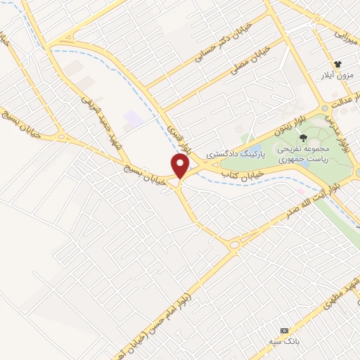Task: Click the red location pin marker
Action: click(x=181, y=166)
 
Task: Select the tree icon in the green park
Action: click(x=303, y=138)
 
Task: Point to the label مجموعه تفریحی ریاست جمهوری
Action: click(x=303, y=153)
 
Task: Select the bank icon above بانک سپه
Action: click(x=284, y=330)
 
